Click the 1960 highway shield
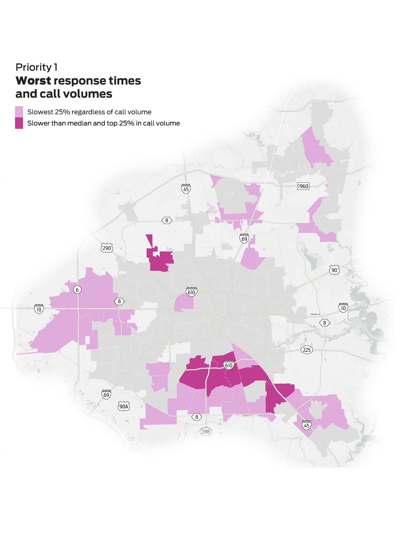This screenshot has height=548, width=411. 303,186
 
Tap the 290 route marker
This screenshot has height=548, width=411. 106,248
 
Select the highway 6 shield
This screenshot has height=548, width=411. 77,290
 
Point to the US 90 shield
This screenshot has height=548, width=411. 334,270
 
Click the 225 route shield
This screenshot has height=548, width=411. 307,350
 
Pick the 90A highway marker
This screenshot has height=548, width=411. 124,407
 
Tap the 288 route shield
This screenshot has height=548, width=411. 206,431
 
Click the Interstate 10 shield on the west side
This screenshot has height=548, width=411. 39,309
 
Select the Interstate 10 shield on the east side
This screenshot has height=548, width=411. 343,308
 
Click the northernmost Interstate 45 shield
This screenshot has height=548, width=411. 186,189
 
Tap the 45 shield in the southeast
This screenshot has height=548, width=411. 307,425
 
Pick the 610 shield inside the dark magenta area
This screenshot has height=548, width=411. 229,365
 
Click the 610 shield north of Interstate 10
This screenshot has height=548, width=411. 191,292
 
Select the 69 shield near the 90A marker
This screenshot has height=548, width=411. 106,394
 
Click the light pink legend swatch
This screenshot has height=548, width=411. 19,112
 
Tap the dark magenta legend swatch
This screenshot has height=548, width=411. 19,123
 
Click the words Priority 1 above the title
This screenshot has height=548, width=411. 36,67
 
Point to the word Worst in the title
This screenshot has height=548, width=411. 33,81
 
